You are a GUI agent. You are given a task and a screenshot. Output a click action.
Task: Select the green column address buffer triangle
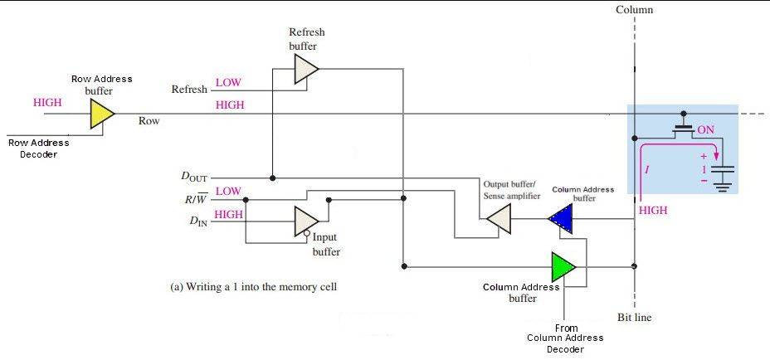tap(563, 267)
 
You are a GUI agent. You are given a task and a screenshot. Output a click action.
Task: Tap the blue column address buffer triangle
tap(561, 219)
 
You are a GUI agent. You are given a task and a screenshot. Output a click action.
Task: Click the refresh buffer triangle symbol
tap(305, 70)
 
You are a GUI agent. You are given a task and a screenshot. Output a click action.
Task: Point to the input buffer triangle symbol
tap(305, 221)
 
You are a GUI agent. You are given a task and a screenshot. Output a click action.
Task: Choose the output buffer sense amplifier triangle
tap(498, 219)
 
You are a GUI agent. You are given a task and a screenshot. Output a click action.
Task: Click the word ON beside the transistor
tap(705, 130)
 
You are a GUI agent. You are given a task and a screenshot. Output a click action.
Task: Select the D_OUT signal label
tap(194, 177)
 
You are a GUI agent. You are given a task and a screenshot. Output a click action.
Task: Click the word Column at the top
tap(635, 10)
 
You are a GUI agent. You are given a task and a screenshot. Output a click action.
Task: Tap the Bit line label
tap(636, 318)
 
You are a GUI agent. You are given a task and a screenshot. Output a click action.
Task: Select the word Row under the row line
tap(149, 121)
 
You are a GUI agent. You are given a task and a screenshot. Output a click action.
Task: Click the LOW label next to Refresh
tap(228, 83)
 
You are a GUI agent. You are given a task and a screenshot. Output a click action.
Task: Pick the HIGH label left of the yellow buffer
tap(47, 103)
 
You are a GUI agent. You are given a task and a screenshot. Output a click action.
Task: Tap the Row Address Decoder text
tap(38, 148)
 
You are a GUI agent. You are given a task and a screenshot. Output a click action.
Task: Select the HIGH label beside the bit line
tap(654, 211)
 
